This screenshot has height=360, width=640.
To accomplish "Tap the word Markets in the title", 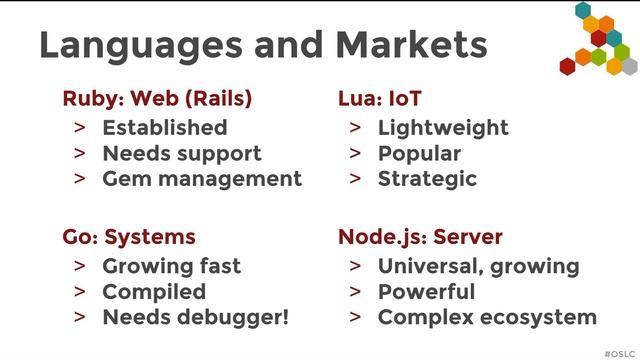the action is tap(411, 45).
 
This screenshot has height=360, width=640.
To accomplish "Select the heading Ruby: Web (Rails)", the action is tap(157, 99).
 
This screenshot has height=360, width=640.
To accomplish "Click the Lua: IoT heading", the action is tap(380, 99).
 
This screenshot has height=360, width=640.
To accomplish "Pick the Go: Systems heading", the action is tap(129, 238).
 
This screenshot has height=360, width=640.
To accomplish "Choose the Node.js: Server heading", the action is tap(420, 238).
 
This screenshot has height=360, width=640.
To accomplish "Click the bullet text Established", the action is tap(164, 128).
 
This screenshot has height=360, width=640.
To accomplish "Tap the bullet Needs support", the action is tap(181, 154).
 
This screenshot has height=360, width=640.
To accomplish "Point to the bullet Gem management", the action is tap(201, 180).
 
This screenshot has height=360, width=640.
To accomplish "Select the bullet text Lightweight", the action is tap(443, 128).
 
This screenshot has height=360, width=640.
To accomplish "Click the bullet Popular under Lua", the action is tap(419, 154).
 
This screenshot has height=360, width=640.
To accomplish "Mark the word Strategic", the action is tap(427, 180).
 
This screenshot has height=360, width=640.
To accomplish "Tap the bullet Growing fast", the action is tap(171, 267).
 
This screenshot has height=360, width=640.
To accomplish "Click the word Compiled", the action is tap(154, 293).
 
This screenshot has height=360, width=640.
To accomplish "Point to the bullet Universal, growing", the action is tap(478, 267).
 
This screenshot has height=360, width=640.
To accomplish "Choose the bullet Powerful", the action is tap(426, 293).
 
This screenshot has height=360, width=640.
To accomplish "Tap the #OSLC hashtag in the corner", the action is tap(619, 352).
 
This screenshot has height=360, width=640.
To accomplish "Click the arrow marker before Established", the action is tap(79, 128).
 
